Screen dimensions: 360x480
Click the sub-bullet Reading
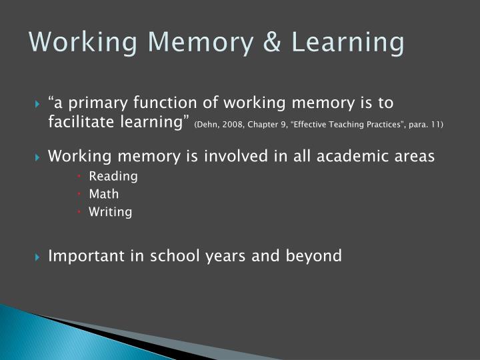(113, 176)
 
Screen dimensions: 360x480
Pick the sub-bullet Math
(103, 194)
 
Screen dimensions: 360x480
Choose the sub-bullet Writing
(110, 212)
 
